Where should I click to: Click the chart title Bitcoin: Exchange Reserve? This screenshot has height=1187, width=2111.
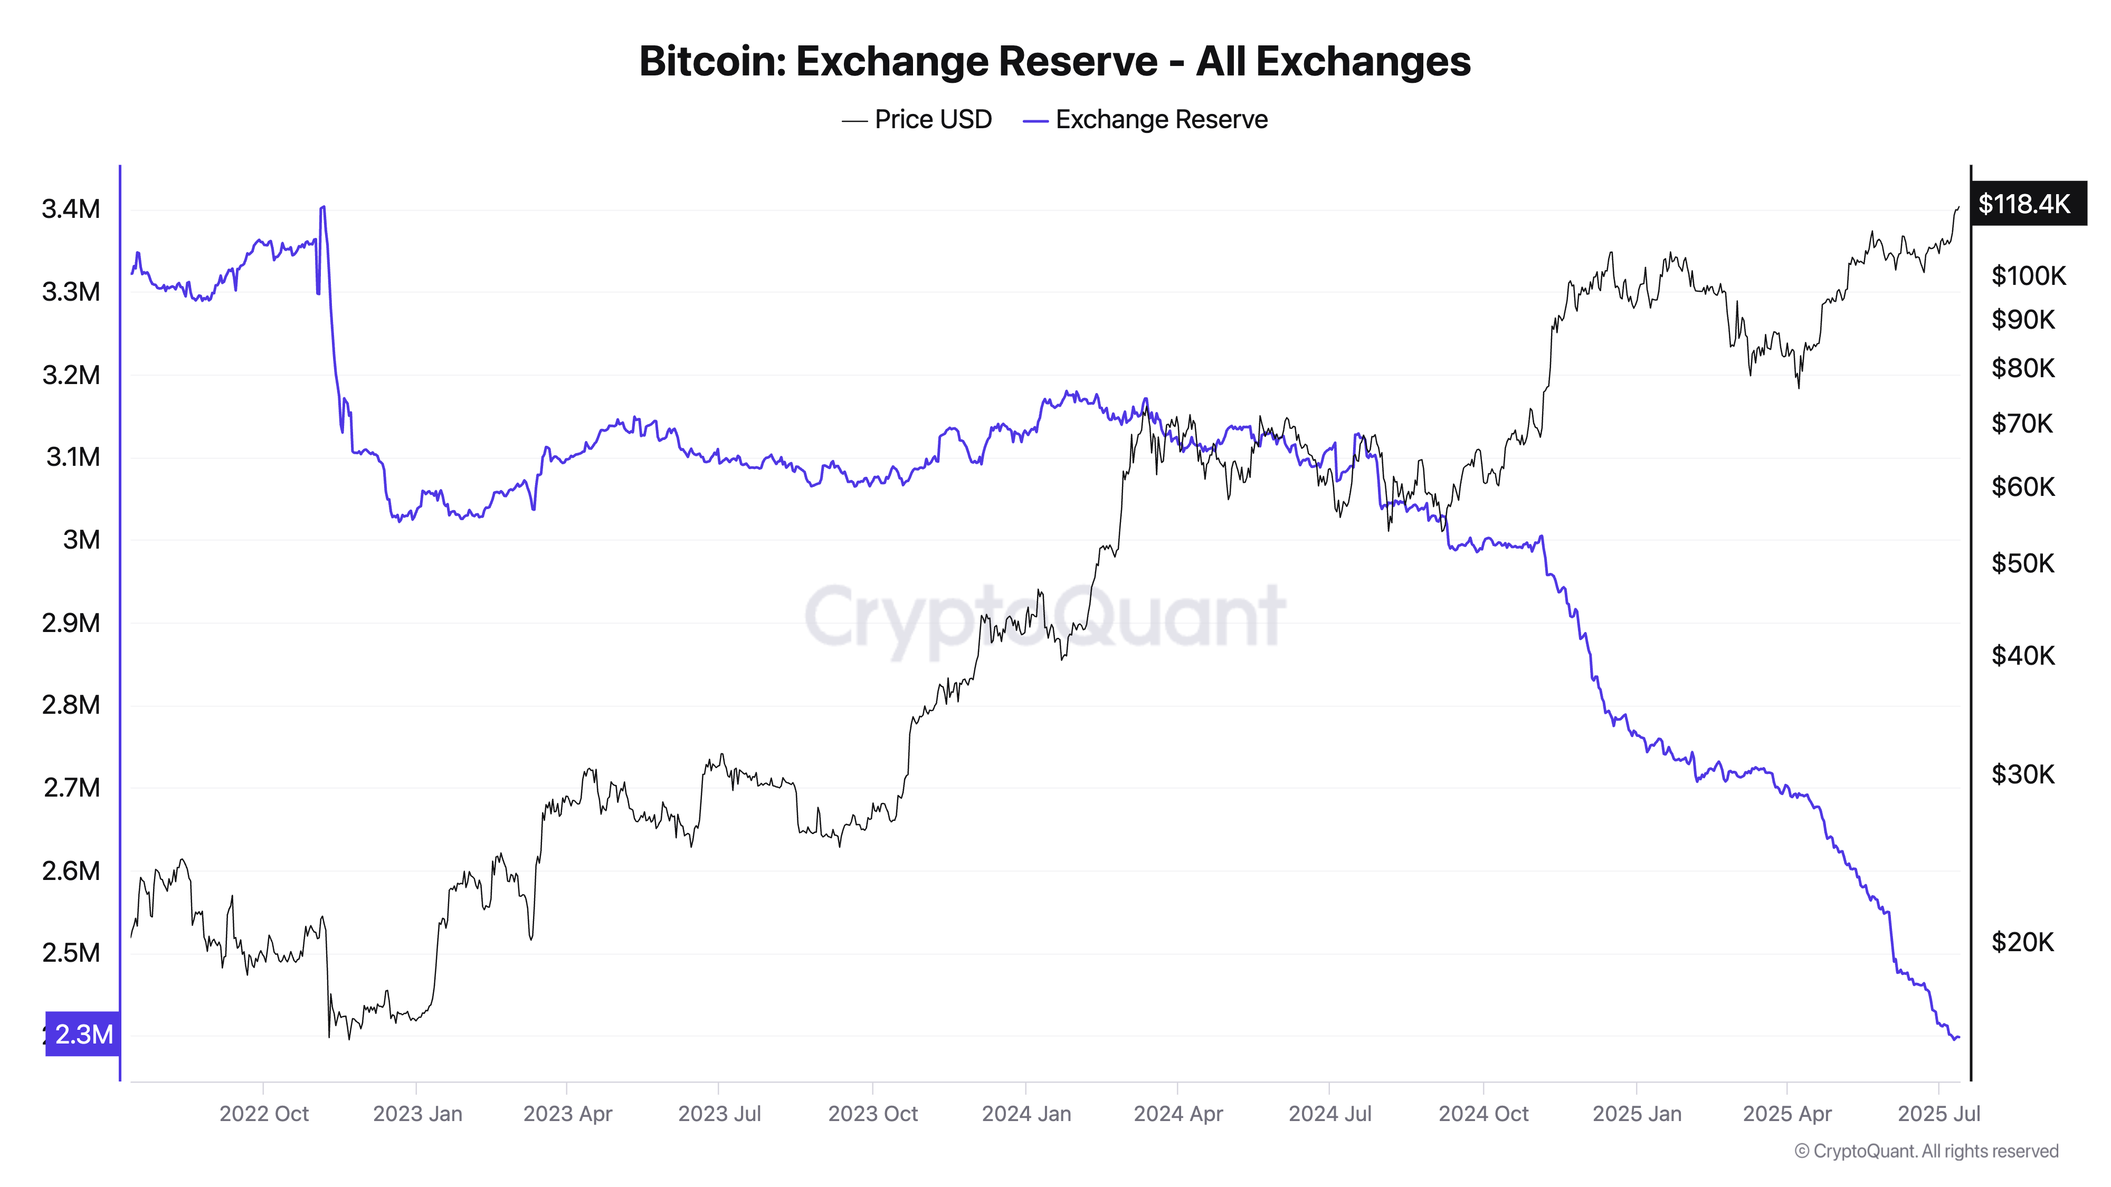[1054, 61]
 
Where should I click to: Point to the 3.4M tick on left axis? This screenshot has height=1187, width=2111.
[71, 209]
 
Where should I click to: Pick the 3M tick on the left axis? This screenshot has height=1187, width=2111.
[81, 540]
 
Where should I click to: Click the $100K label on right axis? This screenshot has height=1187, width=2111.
[2028, 276]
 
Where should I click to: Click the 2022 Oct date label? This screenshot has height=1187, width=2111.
[264, 1114]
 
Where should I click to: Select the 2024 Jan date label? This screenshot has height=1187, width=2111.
[1026, 1114]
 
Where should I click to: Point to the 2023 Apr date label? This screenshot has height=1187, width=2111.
[567, 1114]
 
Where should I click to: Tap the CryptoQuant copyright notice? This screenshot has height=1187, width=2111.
[1926, 1151]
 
